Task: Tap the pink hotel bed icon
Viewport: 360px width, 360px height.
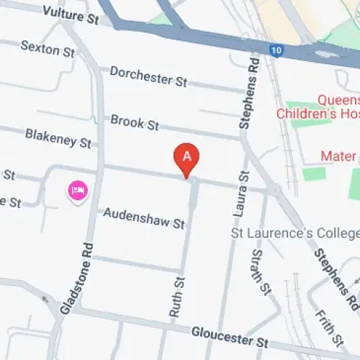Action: pos(77,191)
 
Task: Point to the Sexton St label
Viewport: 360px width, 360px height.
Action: pos(48,48)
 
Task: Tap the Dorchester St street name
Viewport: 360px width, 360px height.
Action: pos(148,76)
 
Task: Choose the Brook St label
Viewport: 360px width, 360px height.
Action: pos(134,122)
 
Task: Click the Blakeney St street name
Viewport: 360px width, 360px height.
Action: pos(58,138)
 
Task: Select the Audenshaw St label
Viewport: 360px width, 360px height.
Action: pos(144,218)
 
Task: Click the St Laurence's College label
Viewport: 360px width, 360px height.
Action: pos(294,234)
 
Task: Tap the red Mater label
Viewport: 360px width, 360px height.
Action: pos(338,156)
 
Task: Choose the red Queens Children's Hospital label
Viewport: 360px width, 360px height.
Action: pos(317,107)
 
